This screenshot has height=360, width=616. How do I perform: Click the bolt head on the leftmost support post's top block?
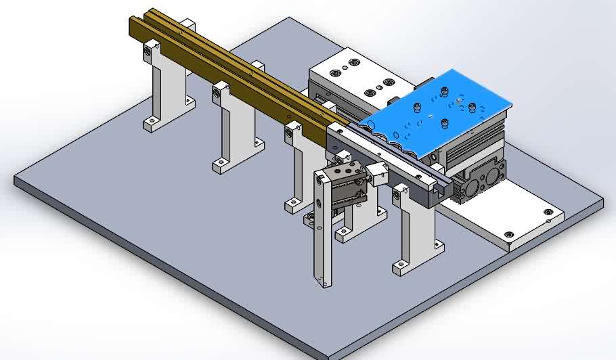click(148, 51)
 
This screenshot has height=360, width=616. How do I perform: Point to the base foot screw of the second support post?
click(219, 164)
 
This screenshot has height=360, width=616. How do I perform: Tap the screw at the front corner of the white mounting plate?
click(508, 236)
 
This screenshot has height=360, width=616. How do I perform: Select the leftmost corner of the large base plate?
click(16, 180)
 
